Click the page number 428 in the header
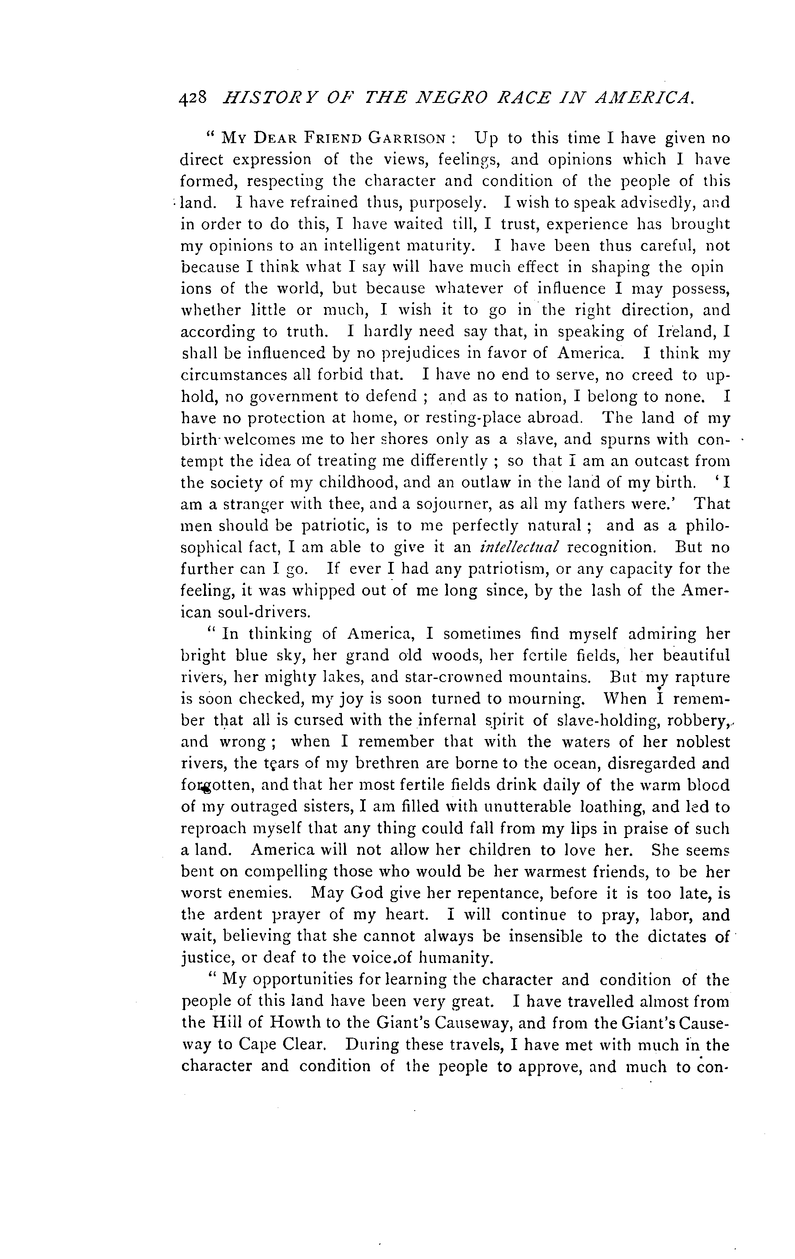point(193,99)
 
